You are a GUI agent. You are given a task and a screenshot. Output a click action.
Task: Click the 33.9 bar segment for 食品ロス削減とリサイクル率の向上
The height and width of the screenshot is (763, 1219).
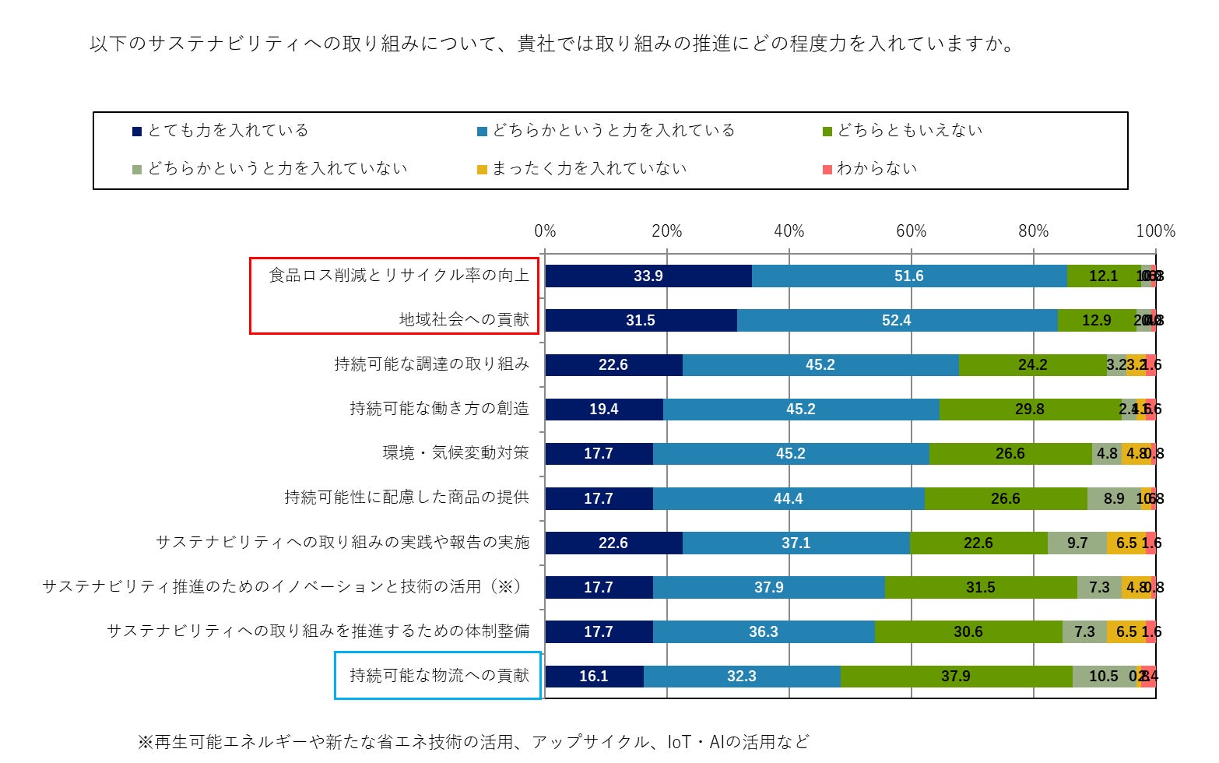[x=648, y=276]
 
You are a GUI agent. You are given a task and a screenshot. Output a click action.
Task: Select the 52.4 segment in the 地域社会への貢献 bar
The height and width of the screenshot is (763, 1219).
[x=896, y=321]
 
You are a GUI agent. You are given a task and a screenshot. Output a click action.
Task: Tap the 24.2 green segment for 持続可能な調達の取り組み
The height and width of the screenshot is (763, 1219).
[x=1032, y=365]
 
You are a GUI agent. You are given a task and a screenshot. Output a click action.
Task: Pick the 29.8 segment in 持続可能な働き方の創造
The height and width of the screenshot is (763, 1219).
[x=1029, y=410]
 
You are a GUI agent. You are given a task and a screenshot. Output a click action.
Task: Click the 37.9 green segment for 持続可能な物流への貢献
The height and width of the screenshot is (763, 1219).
[x=955, y=677]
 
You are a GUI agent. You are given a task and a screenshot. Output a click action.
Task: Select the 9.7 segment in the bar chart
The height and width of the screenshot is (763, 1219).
[x=1077, y=543]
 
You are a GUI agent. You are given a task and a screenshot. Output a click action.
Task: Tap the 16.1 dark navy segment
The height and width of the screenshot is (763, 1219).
[x=593, y=677]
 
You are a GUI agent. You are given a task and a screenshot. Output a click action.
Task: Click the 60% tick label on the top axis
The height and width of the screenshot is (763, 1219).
[x=911, y=231]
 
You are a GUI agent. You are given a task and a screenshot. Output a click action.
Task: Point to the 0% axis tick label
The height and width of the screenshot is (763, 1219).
[x=545, y=231]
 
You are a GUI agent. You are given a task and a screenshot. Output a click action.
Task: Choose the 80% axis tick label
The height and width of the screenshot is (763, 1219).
[x=1033, y=231]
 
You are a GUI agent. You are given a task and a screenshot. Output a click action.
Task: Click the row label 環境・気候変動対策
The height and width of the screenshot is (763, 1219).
[x=455, y=453]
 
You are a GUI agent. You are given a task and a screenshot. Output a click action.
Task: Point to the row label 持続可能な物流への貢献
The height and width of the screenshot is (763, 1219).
[x=439, y=676]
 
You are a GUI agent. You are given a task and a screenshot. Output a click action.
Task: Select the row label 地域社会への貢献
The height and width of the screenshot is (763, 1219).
[x=464, y=320]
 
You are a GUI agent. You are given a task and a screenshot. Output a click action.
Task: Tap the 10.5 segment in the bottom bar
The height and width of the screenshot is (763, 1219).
[x=1103, y=677]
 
